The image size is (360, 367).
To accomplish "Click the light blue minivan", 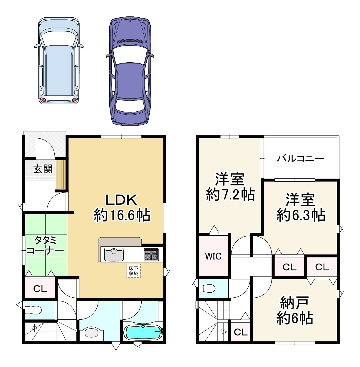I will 59,60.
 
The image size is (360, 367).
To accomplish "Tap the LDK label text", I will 121,200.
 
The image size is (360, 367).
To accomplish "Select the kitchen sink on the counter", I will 114,254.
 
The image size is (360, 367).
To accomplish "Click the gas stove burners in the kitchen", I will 151,254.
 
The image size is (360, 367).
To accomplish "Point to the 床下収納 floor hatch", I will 133,271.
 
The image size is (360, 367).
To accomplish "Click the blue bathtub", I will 143,332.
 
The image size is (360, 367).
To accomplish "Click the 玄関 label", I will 43,169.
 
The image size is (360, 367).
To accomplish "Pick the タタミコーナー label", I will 45,245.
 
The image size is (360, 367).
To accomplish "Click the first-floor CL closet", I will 40,289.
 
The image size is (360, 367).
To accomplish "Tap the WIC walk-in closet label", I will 213,256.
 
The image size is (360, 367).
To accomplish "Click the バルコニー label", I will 300,159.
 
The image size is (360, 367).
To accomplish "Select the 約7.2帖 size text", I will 230,195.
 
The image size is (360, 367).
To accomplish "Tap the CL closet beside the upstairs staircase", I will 241,332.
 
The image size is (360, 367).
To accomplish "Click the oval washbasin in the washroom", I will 91,333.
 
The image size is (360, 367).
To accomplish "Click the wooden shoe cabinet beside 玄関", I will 61,174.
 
